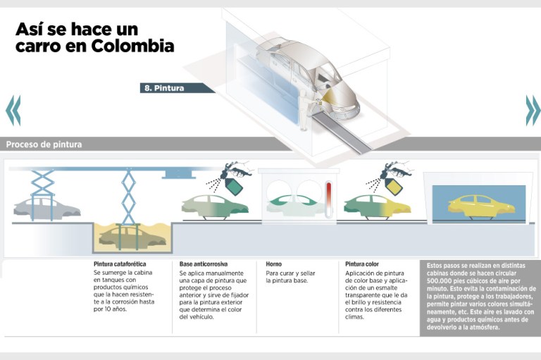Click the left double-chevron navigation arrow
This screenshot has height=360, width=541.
[x=13, y=110]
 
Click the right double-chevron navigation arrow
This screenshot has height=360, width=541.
[x=533, y=110]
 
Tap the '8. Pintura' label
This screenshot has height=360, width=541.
[x=164, y=88]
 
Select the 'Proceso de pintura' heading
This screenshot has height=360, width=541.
[x=44, y=144]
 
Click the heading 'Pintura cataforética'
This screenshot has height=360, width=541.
[x=119, y=264]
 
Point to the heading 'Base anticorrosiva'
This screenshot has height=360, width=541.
[x=203, y=264]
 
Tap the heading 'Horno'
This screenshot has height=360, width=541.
[x=273, y=264]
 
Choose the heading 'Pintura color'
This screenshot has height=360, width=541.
[x=362, y=264]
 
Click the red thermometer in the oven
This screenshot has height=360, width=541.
[x=328, y=199]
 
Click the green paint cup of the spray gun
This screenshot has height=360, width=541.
[x=234, y=187]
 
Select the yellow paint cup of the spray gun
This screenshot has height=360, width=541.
[x=394, y=187]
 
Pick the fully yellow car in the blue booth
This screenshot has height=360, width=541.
[x=481, y=206]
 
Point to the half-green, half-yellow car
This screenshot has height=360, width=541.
[x=377, y=206]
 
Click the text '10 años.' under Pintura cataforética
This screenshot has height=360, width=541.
[x=110, y=309]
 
